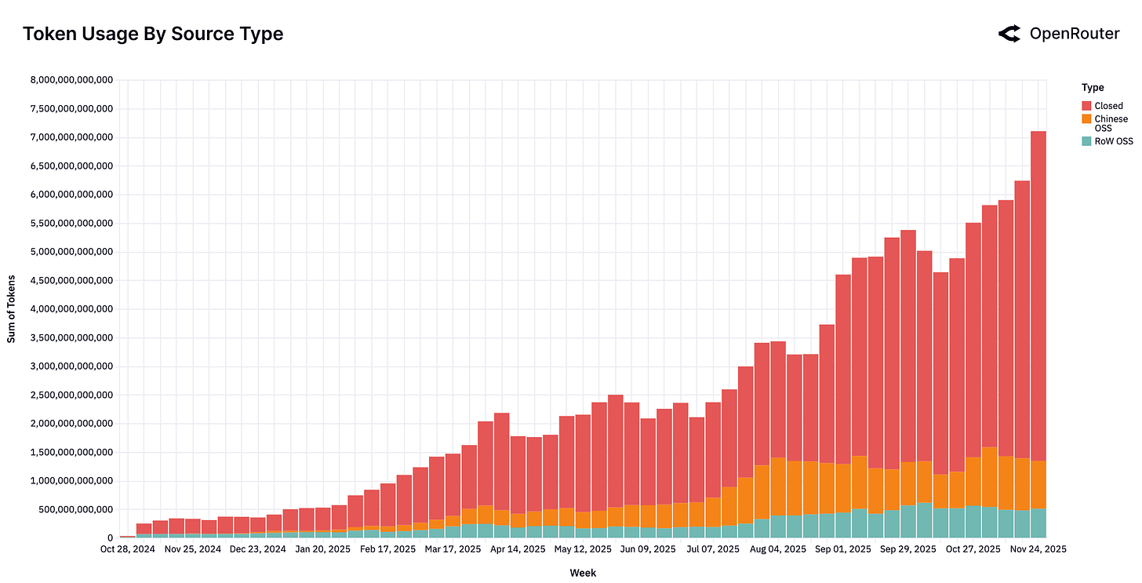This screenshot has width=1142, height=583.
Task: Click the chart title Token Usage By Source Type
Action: pos(153,34)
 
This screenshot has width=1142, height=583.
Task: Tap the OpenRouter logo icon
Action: pos(1009,33)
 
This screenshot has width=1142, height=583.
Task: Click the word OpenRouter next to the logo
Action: pos(1074,33)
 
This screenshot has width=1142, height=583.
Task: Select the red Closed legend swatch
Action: pos(1086,106)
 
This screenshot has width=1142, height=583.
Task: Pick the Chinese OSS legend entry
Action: pos(1111,123)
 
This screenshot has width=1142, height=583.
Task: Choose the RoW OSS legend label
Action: pos(1114,141)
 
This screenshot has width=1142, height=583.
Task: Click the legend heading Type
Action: pos(1092,87)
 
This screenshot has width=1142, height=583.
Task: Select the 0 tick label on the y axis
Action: pos(111,537)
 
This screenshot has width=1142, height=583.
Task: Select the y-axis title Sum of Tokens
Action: pos(12,308)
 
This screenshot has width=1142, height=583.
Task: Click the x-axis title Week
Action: pos(583,573)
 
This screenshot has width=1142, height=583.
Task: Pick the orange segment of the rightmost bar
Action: pos(1038,484)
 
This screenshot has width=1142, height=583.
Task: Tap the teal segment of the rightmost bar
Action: pos(1038,523)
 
